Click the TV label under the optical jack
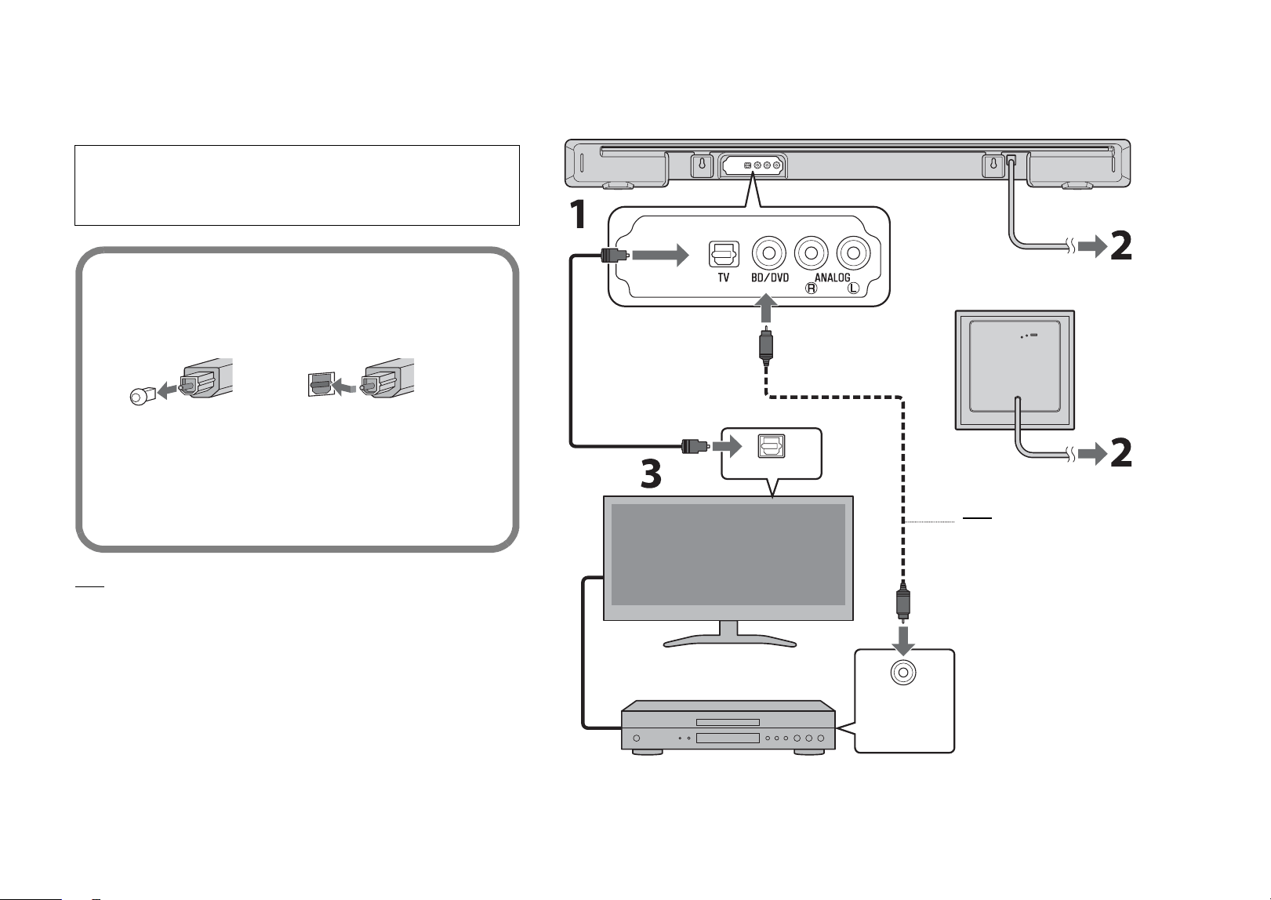(724, 278)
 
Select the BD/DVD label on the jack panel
(770, 278)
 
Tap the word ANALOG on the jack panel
(833, 278)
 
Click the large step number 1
(578, 215)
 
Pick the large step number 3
(651, 474)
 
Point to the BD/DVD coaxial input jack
(769, 252)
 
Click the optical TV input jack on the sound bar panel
(724, 254)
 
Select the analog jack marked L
(853, 252)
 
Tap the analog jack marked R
(811, 252)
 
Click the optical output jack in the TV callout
(771, 446)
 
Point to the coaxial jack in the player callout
(903, 673)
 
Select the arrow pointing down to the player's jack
(903, 640)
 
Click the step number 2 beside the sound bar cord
(1120, 245)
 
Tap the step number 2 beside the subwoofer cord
(1120, 453)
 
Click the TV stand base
(730, 641)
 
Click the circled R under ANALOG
(812, 289)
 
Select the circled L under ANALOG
(853, 289)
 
